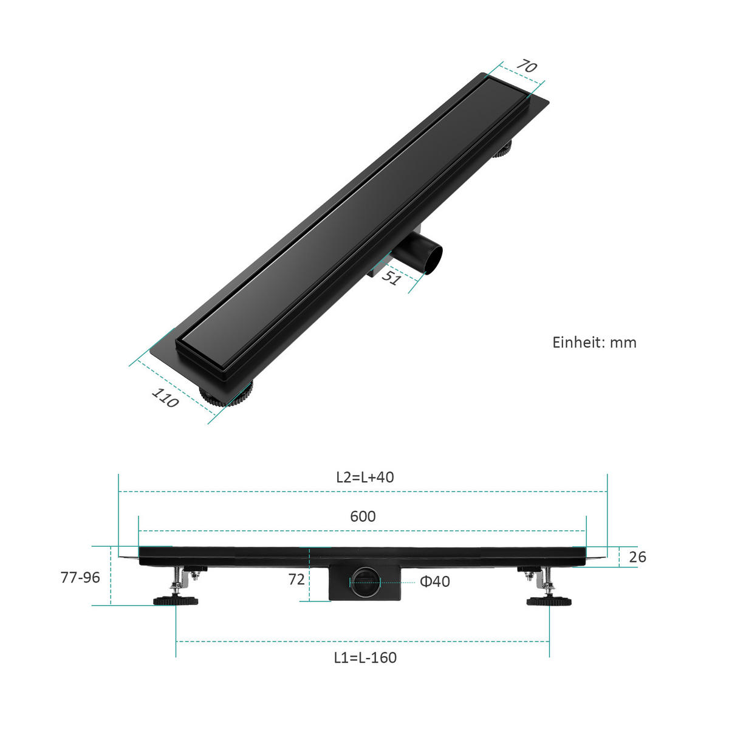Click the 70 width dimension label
tap(527, 66)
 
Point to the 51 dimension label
tap(391, 277)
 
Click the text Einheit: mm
tap(594, 343)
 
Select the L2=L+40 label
tap(365, 477)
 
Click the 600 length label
tap(363, 516)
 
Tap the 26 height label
tap(637, 557)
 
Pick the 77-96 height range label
tap(80, 578)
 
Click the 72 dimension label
tap(296, 580)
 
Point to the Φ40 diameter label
tap(435, 582)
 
